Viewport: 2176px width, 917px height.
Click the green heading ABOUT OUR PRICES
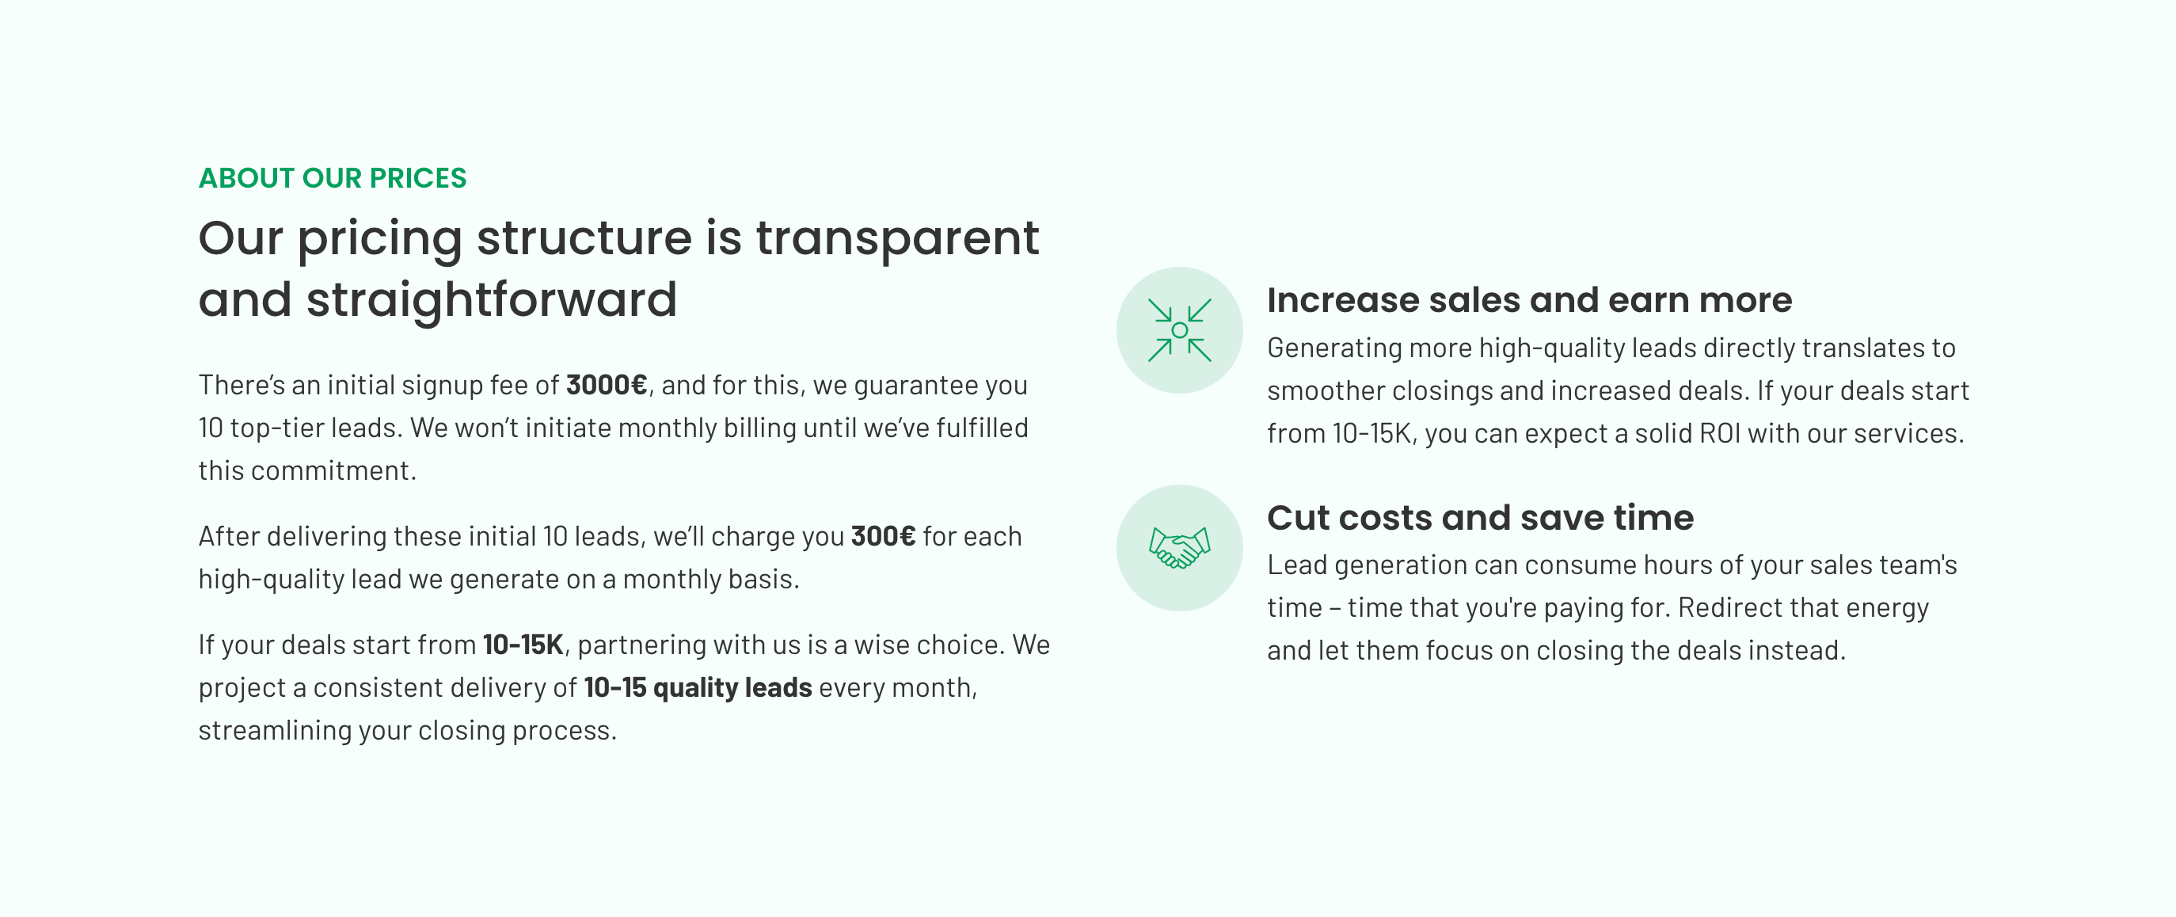[x=332, y=178]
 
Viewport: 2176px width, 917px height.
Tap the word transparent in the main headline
[x=897, y=239]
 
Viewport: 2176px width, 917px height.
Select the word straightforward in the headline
[x=492, y=301]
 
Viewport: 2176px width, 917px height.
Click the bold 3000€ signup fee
[x=607, y=385]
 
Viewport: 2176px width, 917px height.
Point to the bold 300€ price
[x=883, y=536]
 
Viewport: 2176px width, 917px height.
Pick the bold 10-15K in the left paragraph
[x=523, y=645]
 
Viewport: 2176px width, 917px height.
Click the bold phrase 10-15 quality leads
[x=698, y=688]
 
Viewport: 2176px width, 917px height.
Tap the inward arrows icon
[x=1179, y=330]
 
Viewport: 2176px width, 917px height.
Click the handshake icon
[x=1179, y=548]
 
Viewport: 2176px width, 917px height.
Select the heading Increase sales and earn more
[x=1529, y=300]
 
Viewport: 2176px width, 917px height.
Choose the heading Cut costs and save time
[x=1480, y=518]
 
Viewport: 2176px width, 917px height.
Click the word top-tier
[x=276, y=429]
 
